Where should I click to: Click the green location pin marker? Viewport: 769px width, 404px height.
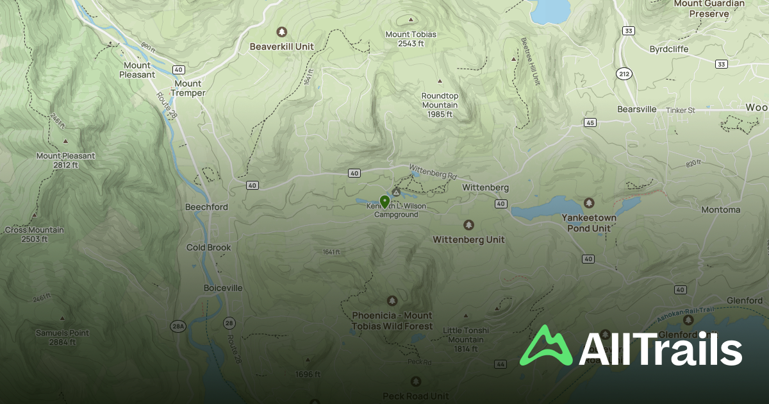(384, 202)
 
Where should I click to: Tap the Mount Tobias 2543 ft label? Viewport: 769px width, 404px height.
(411, 38)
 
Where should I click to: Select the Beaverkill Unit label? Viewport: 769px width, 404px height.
(281, 46)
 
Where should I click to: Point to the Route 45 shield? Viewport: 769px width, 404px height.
(590, 122)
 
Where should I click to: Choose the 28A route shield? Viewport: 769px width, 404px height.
(178, 326)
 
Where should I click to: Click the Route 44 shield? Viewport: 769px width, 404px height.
(500, 364)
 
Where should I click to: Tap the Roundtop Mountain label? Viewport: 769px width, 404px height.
(440, 105)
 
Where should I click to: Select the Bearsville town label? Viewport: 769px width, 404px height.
(637, 109)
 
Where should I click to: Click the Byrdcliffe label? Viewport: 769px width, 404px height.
(669, 49)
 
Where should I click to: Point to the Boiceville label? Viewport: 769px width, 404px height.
(223, 288)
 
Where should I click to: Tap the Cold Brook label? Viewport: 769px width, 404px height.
(209, 248)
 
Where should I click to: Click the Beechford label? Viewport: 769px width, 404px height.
(206, 207)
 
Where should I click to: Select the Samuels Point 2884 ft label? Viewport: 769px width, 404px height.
(62, 337)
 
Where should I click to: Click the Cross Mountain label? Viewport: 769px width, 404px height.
(34, 234)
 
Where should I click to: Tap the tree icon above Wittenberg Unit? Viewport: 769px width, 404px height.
(468, 225)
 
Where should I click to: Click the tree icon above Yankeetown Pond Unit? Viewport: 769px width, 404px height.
(589, 203)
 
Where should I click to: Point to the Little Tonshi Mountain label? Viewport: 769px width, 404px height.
(466, 339)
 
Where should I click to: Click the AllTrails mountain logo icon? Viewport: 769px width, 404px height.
(546, 346)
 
